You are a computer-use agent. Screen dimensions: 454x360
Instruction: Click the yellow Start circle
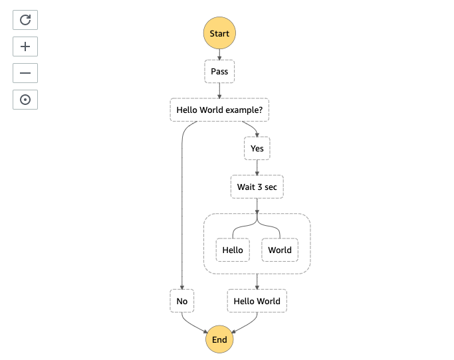(219, 33)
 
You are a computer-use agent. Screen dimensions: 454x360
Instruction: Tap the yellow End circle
(219, 339)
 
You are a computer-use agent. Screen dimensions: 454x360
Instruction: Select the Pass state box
(219, 72)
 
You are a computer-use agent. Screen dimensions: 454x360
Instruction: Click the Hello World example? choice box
(219, 110)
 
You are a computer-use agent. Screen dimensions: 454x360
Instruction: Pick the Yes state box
(257, 148)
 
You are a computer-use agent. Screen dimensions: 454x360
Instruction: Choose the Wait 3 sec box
(257, 187)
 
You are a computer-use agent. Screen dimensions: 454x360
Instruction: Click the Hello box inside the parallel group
(233, 250)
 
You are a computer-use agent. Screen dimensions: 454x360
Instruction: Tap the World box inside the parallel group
(280, 250)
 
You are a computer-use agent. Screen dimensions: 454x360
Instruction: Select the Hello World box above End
(257, 301)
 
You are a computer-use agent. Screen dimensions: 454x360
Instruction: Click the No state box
(182, 301)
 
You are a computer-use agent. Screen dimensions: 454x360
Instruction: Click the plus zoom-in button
(25, 46)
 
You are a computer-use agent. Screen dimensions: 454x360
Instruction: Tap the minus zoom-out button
(25, 73)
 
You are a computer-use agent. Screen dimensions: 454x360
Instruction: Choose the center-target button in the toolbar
(25, 100)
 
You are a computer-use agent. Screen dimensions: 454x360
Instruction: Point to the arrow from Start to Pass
(219, 54)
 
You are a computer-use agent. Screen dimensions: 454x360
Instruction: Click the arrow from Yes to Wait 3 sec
(257, 167)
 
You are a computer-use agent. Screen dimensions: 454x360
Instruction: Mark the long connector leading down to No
(182, 203)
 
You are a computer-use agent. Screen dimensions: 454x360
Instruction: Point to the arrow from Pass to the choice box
(219, 90)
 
